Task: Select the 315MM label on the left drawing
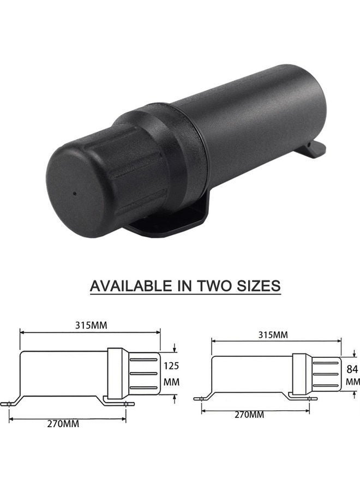pyautogui.click(x=91, y=325)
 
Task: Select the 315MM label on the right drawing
pyautogui.click(x=272, y=334)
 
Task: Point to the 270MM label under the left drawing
pyautogui.click(x=63, y=424)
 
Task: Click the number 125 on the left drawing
pyautogui.click(x=171, y=366)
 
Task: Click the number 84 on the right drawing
pyautogui.click(x=352, y=369)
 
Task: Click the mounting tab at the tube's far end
pyautogui.click(x=314, y=149)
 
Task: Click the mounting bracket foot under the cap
pyautogui.click(x=164, y=224)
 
